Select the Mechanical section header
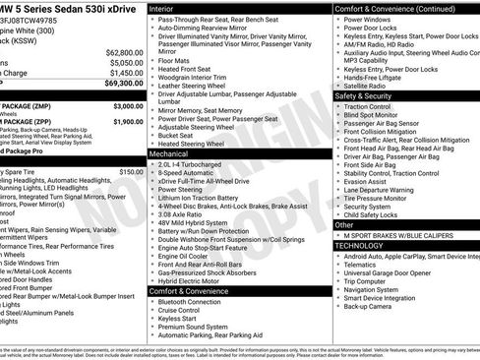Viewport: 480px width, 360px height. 170,153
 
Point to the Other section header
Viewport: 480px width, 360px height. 343,224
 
